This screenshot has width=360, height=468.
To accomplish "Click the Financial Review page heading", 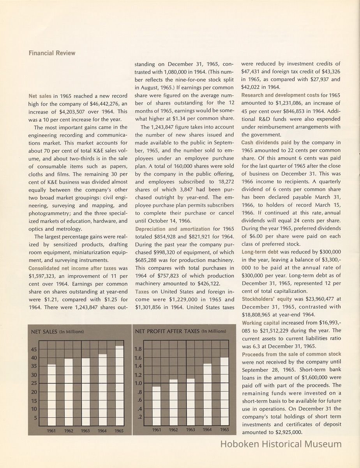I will [52, 53].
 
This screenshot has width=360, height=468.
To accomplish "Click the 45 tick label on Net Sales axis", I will [34, 349].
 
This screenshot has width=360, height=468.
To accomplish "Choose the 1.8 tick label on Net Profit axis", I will [138, 349].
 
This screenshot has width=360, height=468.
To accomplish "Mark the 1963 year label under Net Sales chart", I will [85, 431].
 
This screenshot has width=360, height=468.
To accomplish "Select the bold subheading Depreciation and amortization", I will [173, 229].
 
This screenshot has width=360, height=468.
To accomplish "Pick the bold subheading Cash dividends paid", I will [266, 143].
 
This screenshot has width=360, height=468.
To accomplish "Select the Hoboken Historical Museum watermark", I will [281, 444].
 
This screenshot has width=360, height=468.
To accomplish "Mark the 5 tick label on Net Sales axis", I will [35, 418].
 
